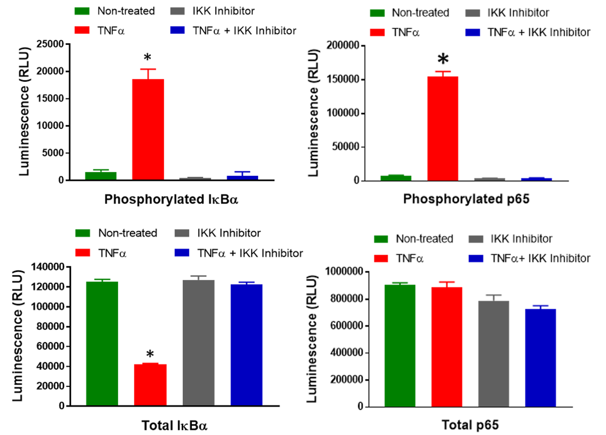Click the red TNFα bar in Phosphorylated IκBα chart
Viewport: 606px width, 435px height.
pos(148,129)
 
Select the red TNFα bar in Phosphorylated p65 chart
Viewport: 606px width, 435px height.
pos(442,128)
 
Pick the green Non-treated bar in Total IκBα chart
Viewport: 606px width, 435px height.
pos(102,344)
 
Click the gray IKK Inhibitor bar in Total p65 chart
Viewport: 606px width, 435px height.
pos(493,354)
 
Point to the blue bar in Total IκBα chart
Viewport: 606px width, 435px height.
pos(246,345)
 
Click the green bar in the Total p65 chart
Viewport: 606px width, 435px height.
pos(399,346)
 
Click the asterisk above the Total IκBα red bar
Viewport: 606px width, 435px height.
pos(150,354)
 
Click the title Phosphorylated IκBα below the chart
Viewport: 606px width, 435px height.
pos(171,199)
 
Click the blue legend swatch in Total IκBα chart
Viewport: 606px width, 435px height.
pos(189,253)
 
